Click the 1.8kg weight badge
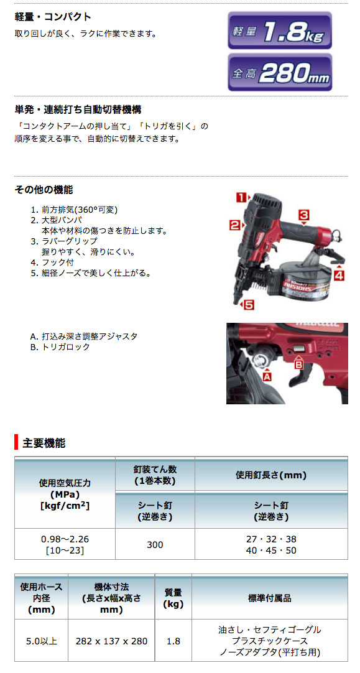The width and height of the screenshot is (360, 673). [x=279, y=29]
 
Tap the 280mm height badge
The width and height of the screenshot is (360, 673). [x=279, y=73]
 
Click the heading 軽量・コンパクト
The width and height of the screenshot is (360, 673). [x=53, y=17]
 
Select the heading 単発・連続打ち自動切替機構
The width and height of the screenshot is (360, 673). [x=78, y=109]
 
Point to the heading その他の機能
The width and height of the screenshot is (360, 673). [x=44, y=189]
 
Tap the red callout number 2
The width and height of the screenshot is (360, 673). [x=234, y=225]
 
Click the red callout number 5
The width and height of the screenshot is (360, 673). [x=247, y=305]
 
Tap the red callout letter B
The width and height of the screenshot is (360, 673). [x=298, y=364]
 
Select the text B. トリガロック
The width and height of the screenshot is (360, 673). [x=60, y=347]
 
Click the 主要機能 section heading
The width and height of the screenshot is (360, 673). [x=44, y=443]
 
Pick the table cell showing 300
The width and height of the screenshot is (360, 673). [x=155, y=545]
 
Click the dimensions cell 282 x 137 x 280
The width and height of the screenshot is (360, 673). [x=111, y=641]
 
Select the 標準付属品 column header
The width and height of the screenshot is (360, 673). [x=269, y=598]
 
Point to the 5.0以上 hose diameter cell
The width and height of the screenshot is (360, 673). [x=41, y=641]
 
